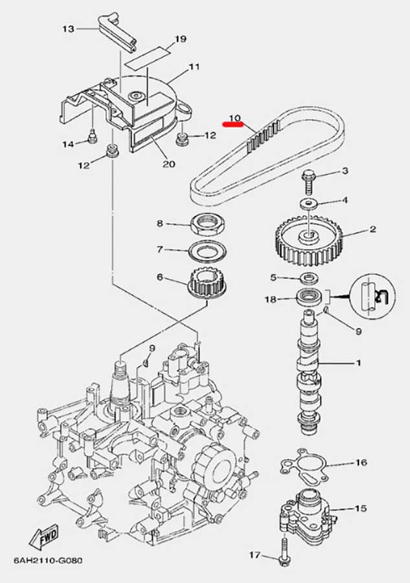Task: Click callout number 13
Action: [x=69, y=29]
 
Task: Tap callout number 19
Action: [x=181, y=39]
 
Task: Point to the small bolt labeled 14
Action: [x=91, y=137]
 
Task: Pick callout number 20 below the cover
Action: [x=168, y=164]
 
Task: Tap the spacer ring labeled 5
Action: [x=308, y=278]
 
